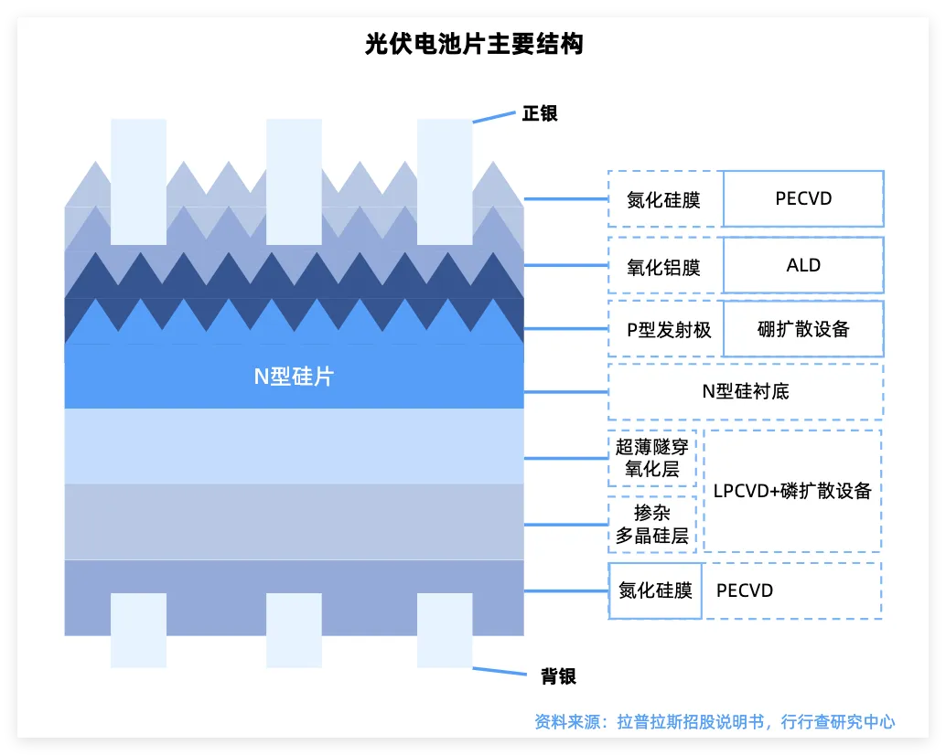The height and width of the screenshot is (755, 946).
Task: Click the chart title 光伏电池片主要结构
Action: (473, 43)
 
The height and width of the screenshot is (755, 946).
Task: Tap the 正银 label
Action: (540, 114)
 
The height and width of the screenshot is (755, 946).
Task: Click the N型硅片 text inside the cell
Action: (294, 376)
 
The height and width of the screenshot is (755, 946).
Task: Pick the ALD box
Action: (803, 266)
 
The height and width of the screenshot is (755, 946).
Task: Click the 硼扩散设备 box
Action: (803, 329)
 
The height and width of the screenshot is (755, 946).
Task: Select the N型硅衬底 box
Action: (746, 391)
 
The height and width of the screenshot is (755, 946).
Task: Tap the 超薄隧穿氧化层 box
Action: (652, 458)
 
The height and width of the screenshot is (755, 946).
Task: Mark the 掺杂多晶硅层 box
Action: (652, 525)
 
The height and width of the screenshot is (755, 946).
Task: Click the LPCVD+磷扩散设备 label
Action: (792, 491)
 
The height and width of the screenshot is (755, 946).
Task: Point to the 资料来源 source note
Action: (715, 721)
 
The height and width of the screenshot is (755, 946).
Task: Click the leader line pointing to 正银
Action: (494, 118)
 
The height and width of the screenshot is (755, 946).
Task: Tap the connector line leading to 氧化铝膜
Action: (565, 266)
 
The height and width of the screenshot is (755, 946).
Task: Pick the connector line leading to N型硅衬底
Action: (565, 391)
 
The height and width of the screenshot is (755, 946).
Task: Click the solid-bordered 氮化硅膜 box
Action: (655, 590)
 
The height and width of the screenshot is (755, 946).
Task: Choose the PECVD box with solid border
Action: (803, 198)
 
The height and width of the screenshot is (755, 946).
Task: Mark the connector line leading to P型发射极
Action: (565, 329)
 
